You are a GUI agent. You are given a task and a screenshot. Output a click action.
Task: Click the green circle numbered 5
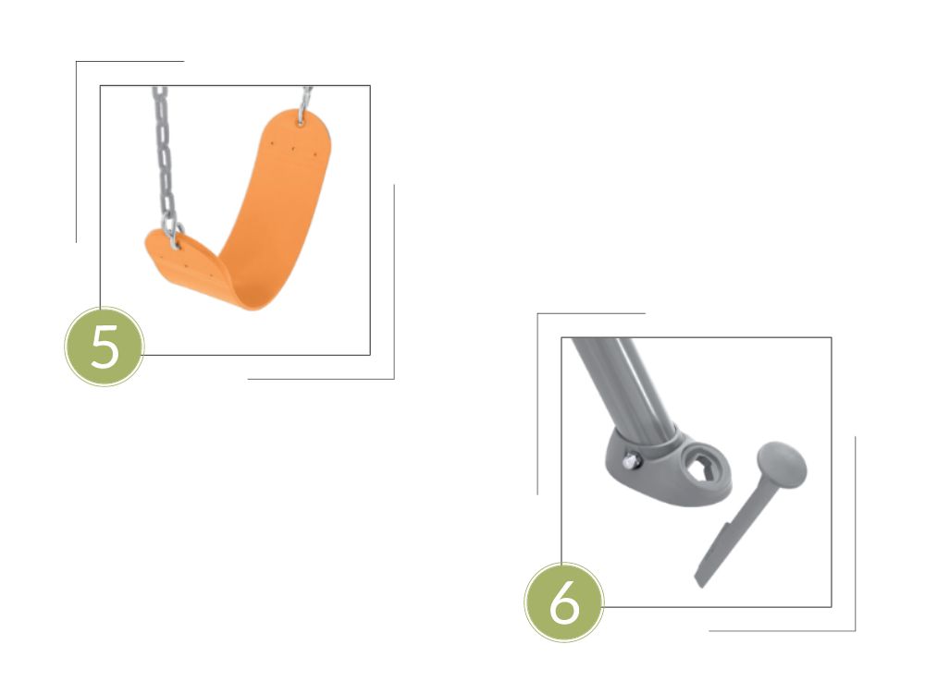pyautogui.click(x=104, y=346)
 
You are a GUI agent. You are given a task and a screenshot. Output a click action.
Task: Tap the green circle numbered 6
pyautogui.click(x=564, y=602)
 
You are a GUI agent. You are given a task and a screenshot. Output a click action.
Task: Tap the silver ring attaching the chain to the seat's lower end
pyautogui.click(x=175, y=236)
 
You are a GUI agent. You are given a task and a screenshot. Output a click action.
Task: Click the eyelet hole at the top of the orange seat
pyautogui.click(x=301, y=123)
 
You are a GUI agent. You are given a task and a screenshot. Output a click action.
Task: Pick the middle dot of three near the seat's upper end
pyautogui.click(x=292, y=149)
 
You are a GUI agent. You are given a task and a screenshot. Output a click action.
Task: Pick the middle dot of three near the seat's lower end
pyautogui.click(x=185, y=266)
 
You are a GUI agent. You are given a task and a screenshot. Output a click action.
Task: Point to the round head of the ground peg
pyautogui.click(x=781, y=463)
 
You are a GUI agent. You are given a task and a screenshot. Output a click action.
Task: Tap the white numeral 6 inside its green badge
pyautogui.click(x=564, y=602)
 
